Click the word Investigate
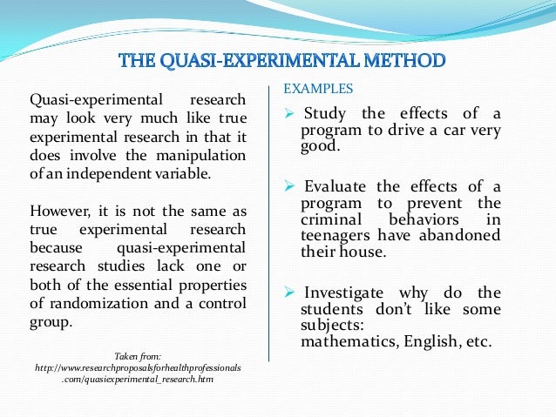[x=346, y=293]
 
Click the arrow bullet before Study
[x=291, y=113]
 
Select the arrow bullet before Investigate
[x=291, y=293]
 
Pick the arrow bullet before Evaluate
[x=291, y=185]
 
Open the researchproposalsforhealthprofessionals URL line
[x=138, y=367]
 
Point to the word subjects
[x=329, y=325]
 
